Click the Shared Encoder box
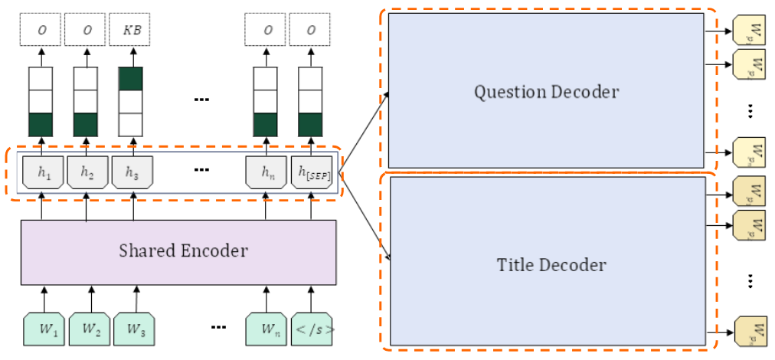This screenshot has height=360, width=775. tap(178, 250)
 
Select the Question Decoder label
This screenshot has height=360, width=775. tap(546, 92)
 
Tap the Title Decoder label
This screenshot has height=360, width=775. tap(551, 265)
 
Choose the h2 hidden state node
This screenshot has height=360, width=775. tap(86, 173)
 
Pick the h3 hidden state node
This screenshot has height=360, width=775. tap(132, 173)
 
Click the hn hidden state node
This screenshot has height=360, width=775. tap(266, 173)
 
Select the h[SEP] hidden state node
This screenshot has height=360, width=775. tap(311, 173)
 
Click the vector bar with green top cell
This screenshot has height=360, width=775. tap(131, 101)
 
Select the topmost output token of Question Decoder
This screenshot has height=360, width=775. tap(749, 32)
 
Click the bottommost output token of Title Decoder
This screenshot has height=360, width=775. tap(749, 331)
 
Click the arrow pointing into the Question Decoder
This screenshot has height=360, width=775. tap(365, 127)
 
